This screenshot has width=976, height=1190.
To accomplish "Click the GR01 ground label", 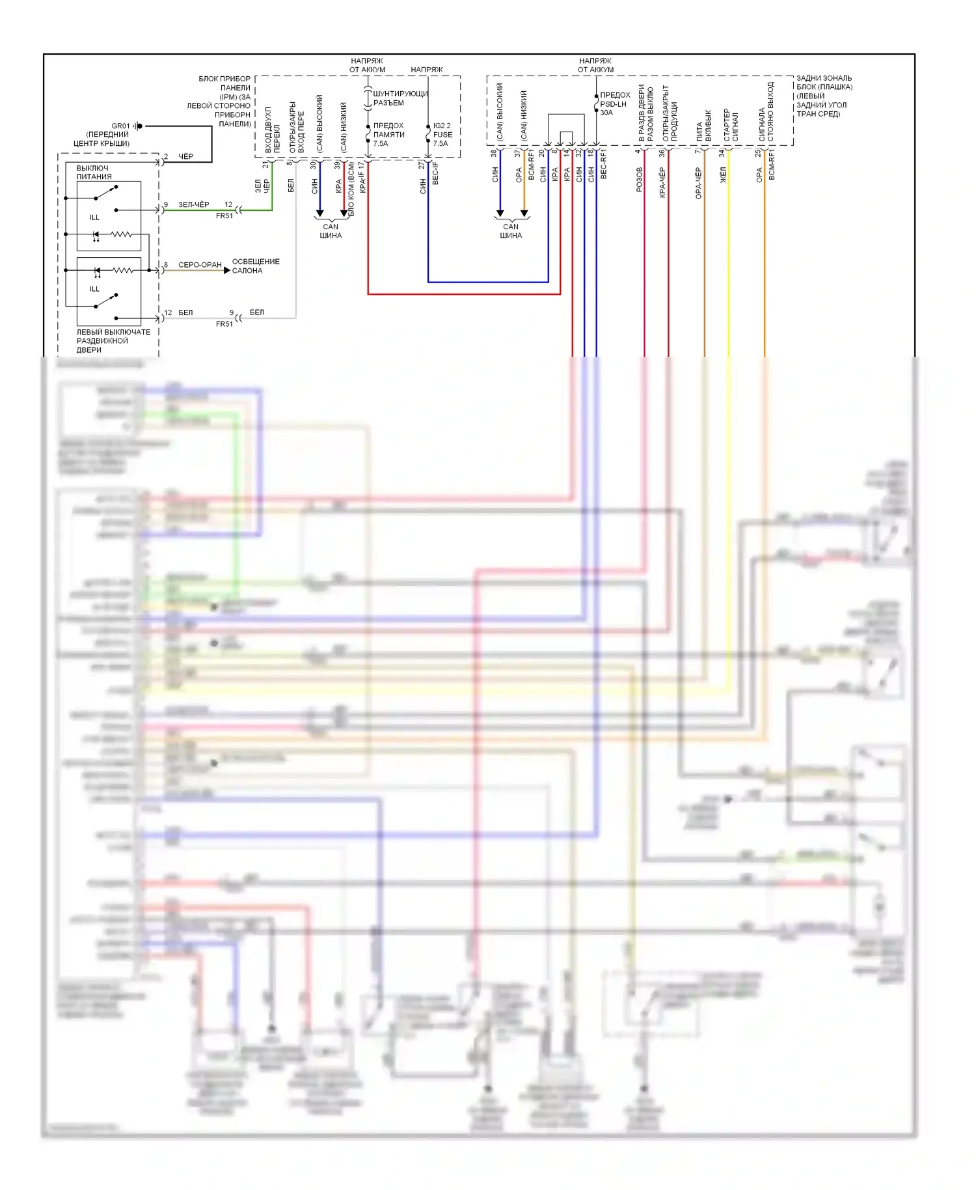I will (120, 126).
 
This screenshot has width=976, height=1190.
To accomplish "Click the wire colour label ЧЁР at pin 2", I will (185, 156).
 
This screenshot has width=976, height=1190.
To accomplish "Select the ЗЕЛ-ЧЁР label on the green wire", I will (193, 204).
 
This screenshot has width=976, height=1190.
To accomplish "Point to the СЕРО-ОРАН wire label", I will (200, 265).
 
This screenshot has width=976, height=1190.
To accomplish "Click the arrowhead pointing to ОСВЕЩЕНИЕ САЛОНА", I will (226, 270).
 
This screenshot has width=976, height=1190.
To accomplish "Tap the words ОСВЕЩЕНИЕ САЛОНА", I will (255, 266).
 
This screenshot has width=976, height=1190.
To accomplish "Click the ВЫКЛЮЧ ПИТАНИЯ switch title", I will (94, 172).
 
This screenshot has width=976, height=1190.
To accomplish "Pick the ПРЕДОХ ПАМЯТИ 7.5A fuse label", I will (388, 134).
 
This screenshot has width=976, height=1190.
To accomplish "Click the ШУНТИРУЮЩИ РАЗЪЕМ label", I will (400, 98).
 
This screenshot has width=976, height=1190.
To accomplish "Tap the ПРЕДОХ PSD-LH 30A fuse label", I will (614, 104).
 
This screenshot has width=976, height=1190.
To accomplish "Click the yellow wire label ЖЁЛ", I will (722, 174).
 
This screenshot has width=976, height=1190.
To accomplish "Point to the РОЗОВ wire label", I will (639, 178).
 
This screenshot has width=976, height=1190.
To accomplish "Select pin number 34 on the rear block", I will (722, 153).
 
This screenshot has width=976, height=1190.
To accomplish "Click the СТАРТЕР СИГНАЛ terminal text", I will (731, 125).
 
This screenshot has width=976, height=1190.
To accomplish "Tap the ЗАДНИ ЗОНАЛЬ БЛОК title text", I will (824, 96).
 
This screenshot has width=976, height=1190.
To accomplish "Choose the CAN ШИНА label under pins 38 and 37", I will (511, 231).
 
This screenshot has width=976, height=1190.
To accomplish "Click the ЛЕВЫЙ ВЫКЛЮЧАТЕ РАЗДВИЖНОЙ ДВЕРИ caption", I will (113, 340).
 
